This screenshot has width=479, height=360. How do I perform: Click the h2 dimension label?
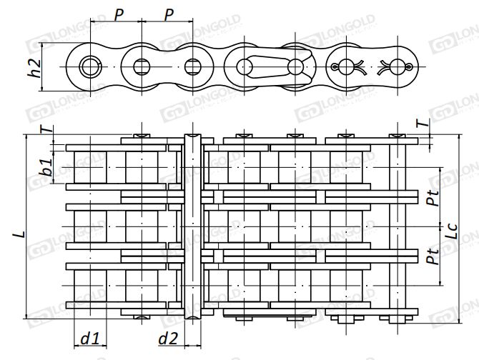[32, 66]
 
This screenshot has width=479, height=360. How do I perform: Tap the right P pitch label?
[169, 15]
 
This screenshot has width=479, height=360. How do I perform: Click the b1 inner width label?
[45, 169]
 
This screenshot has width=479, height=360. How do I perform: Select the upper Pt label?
[430, 196]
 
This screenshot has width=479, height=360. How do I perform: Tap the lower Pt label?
[430, 255]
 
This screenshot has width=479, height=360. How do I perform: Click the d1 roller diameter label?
[89, 339]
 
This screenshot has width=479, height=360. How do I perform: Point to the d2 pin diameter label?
[168, 339]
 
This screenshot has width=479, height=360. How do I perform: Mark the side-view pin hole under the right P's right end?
[193, 66]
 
